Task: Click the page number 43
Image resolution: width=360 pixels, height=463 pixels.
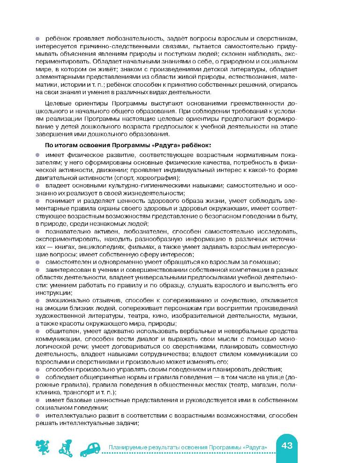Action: tap(287, 445)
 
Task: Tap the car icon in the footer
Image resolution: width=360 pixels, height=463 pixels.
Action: tap(90, 448)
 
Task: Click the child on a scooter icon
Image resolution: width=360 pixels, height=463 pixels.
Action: tap(66, 448)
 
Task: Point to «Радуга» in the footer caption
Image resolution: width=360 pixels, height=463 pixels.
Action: tap(255, 448)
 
